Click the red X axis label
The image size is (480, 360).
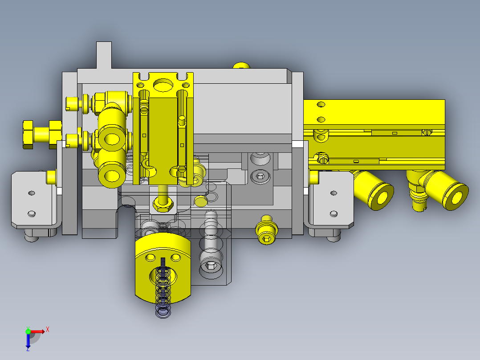[x=48, y=330]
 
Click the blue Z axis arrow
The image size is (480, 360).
[x=28, y=342]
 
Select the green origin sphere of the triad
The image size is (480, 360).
[x=28, y=331]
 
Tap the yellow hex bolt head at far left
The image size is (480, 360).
[x=28, y=135]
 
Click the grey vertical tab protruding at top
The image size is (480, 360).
[x=104, y=55]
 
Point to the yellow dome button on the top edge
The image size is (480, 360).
[x=241, y=65]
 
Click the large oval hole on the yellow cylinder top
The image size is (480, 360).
[x=163, y=85]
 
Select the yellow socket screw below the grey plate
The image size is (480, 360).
[x=267, y=230]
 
